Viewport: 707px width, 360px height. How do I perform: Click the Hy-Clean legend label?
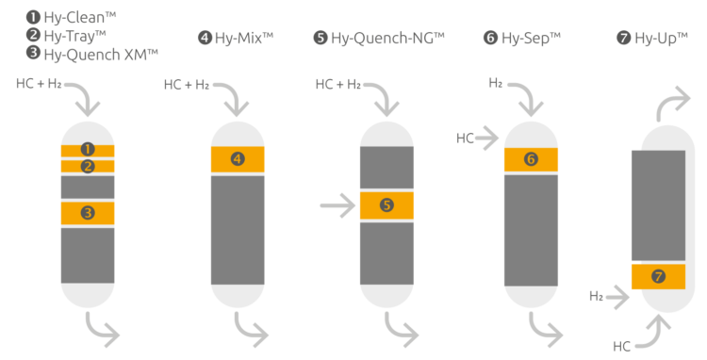(79, 17)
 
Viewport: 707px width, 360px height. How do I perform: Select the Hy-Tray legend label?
(74, 36)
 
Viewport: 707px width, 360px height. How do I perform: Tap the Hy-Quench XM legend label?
(100, 54)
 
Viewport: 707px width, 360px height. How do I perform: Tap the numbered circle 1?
(88, 150)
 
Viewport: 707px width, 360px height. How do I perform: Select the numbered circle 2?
(88, 167)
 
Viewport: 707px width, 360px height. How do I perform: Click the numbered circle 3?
(88, 213)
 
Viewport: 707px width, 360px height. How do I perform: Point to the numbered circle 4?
(237, 159)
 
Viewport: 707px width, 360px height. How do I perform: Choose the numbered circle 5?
(386, 205)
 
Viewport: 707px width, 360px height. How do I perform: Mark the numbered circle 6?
(531, 159)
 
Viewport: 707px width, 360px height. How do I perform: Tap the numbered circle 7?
(658, 276)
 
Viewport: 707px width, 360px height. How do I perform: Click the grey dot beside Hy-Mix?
(205, 38)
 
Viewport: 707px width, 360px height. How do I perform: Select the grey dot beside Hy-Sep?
(490, 38)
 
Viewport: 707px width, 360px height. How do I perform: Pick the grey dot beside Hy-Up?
(624, 38)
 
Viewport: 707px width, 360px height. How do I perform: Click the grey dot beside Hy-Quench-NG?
(321, 38)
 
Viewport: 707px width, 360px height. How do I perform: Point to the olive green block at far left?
(29, 232)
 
